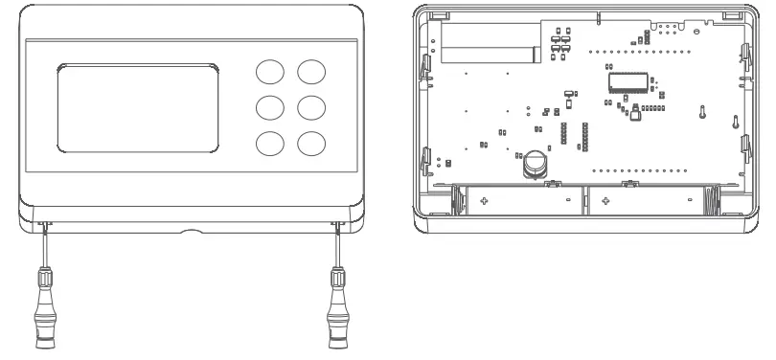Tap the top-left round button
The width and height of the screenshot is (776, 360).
[x=269, y=73]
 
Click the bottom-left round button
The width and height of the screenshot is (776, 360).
[x=269, y=143]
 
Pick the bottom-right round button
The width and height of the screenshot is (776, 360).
[x=310, y=143]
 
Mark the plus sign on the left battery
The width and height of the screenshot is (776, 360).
[x=484, y=200]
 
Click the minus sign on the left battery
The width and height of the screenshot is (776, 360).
[x=567, y=200]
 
